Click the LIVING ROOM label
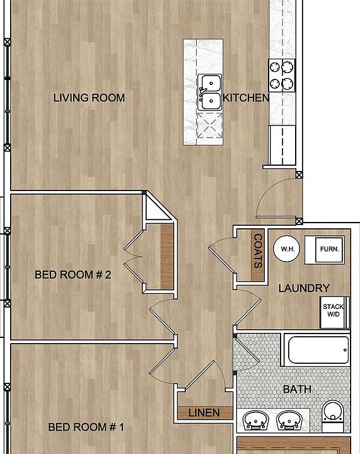89,98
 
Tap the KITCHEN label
247,98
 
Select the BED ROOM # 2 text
73,274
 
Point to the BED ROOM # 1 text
86,427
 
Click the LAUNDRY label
304,288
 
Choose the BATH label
297,389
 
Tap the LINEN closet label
204,413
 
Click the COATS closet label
257,251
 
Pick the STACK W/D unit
334,311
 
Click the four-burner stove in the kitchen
282,74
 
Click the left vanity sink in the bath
257,419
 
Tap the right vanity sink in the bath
291,419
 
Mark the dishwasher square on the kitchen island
209,125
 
